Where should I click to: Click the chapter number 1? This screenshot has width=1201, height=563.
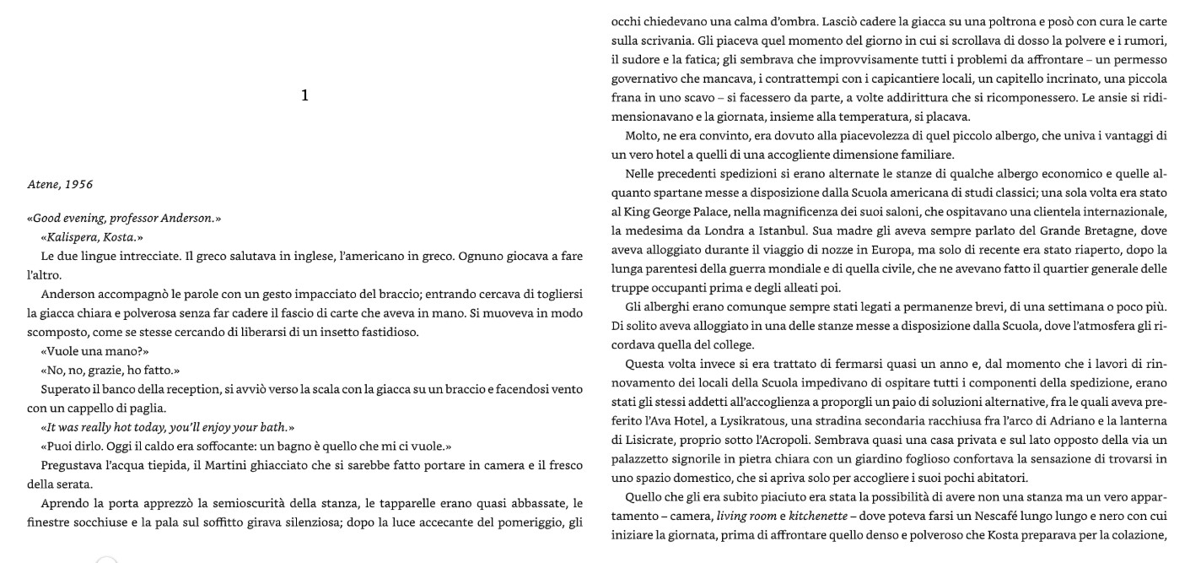point(304,96)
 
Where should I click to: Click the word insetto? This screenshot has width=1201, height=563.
point(325,332)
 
